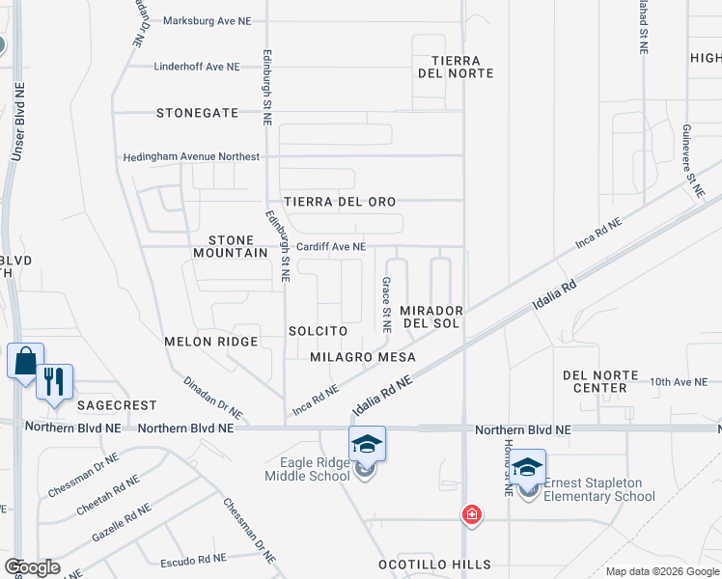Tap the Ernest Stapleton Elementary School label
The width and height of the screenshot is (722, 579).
tap(599, 489)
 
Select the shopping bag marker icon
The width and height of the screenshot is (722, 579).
tap(24, 363)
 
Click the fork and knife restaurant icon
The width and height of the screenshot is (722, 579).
tap(54, 381)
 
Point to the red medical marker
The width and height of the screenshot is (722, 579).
tap(471, 514)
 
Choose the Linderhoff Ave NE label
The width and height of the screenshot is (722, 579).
tap(197, 67)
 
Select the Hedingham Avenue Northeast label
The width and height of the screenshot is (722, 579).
tap(191, 156)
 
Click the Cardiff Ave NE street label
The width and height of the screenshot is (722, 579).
tap(330, 247)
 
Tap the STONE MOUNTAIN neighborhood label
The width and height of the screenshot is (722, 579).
tap(237, 245)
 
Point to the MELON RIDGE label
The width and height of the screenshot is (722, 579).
tap(211, 342)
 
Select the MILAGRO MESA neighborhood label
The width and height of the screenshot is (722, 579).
tap(363, 357)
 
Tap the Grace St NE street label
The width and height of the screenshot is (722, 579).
tap(386, 305)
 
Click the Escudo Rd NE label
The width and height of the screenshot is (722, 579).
tap(194, 558)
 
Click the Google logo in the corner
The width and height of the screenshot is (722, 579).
tap(32, 566)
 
